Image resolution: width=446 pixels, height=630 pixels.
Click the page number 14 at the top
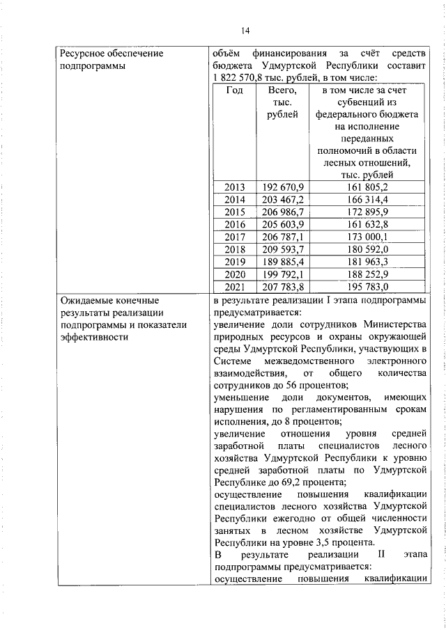point(245,30)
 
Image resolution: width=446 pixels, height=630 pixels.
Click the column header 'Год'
point(235,90)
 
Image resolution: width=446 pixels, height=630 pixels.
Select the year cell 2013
point(235,187)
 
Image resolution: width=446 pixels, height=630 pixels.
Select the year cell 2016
point(235,225)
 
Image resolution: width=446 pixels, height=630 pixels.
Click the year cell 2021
point(235,287)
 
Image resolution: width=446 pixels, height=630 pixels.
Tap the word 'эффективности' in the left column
point(95,338)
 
